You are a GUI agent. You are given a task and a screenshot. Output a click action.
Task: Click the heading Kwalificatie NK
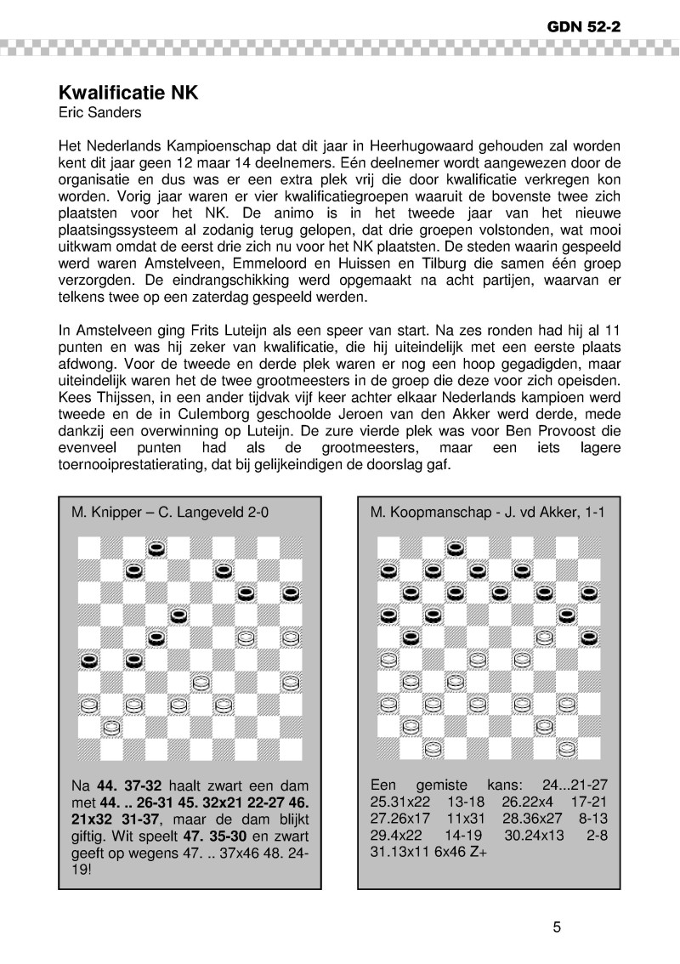click(127, 92)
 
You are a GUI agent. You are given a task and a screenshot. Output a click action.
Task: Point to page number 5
click(557, 927)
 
